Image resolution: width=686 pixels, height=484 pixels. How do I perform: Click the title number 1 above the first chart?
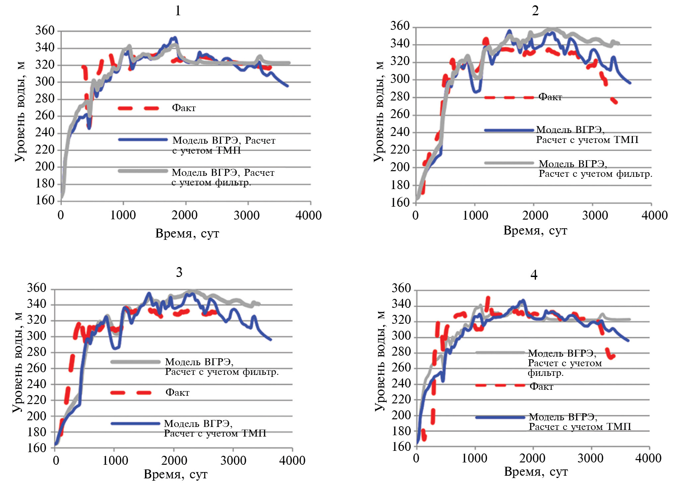click(178, 11)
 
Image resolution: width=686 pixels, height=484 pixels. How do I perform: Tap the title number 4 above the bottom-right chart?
click(534, 275)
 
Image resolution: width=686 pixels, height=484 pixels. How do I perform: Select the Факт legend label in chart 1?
click(184, 108)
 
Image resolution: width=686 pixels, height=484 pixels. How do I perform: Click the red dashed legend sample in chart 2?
click(509, 98)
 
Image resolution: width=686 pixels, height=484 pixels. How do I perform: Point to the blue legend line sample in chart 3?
click(135, 423)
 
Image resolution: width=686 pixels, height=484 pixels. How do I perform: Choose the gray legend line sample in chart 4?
click(500, 353)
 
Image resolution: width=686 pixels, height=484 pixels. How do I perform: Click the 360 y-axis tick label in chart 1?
click(45, 31)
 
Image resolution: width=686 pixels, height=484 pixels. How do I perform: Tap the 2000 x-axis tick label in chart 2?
click(535, 216)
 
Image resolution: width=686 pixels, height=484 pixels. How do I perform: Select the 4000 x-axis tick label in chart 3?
click(292, 460)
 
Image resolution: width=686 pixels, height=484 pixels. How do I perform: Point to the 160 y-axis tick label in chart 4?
click(401, 447)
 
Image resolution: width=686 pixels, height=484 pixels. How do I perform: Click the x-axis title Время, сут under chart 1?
click(187, 234)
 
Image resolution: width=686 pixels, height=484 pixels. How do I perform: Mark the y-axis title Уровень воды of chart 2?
click(378, 111)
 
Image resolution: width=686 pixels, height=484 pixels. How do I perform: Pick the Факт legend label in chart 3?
click(177, 392)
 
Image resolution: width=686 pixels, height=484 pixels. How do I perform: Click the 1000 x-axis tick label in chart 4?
click(474, 458)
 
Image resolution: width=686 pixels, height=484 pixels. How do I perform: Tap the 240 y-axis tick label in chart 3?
click(37, 384)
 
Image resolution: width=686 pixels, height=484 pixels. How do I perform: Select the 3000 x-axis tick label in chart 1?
click(247, 216)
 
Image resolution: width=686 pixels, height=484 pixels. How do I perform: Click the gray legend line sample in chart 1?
click(143, 171)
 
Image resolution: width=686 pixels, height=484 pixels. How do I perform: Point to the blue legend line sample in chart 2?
click(509, 130)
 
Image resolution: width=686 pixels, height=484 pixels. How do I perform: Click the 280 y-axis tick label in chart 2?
click(400, 97)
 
